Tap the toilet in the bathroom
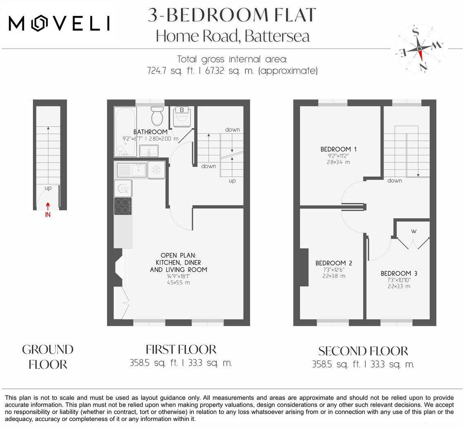point(157,116)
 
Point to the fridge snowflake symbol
point(156,170)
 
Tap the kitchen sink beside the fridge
point(131,169)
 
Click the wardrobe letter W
point(413,231)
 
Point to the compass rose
point(420,48)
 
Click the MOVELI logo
point(59,24)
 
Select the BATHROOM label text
point(150,132)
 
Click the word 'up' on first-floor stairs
point(232,181)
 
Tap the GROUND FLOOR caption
point(48,357)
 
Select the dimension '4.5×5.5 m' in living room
point(179,282)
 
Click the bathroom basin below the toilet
point(149,151)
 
